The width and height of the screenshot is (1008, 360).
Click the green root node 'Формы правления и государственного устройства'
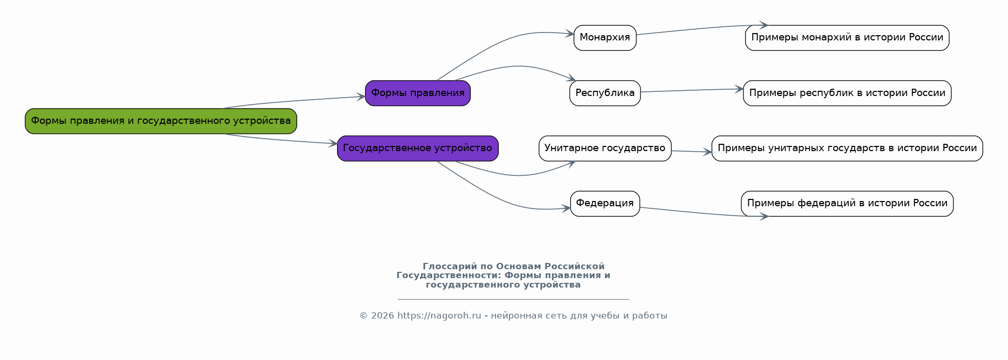(161, 121)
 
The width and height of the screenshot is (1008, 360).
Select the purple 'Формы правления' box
(417, 93)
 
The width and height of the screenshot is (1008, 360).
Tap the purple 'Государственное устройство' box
(417, 149)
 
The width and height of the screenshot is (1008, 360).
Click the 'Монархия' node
(605, 38)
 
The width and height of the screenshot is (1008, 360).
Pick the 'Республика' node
(605, 93)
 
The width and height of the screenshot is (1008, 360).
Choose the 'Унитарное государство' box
(605, 149)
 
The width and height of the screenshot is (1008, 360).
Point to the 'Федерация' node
(605, 204)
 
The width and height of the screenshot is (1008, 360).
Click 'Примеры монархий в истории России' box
(847, 38)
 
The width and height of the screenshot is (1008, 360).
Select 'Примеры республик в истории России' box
(847, 93)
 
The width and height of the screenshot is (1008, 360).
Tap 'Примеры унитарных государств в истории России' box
(847, 149)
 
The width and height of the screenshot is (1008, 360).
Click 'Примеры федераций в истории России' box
(847, 204)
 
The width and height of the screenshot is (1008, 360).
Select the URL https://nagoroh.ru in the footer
(439, 316)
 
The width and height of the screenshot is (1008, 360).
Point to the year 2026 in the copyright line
(382, 316)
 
